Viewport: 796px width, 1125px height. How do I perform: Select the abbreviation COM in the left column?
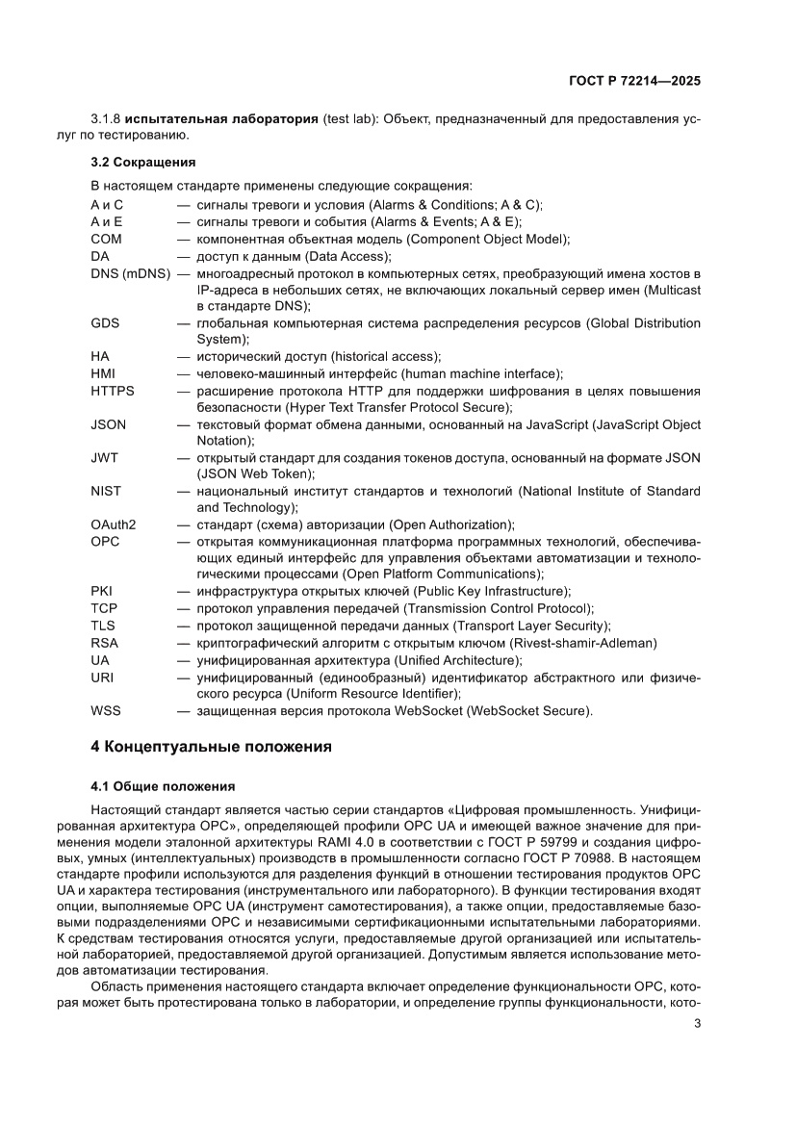coord(107,239)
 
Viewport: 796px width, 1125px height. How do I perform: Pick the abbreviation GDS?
coord(106,322)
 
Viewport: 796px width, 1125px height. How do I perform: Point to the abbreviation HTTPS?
coord(113,391)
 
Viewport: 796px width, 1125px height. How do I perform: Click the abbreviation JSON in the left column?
coord(109,424)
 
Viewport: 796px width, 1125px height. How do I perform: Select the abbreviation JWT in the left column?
coord(105,458)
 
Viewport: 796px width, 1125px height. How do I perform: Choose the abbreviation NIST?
coord(106,491)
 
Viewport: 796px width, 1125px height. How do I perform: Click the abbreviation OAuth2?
coord(114,524)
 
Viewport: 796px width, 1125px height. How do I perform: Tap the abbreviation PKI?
coord(102,591)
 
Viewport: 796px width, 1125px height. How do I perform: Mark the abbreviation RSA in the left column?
coord(104,643)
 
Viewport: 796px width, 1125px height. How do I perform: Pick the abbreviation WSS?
coord(106,711)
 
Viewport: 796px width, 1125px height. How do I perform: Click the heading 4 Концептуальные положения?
coord(211,746)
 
